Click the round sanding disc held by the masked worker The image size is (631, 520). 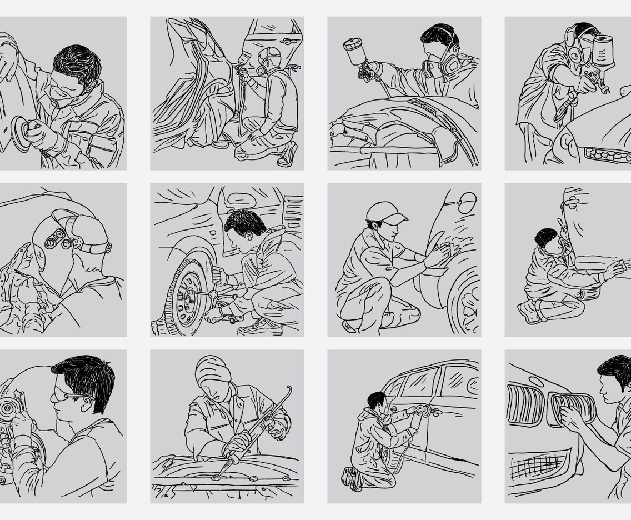coord(21,134)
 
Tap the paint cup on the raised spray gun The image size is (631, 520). coord(353,52)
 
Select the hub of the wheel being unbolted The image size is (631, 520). coord(185,297)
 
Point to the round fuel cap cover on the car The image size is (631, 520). coord(468,203)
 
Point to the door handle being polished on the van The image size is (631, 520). coord(427,411)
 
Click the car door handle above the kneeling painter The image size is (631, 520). coord(287,42)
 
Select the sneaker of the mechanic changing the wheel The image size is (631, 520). coord(260,328)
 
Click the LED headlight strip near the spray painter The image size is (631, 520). coord(608,154)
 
